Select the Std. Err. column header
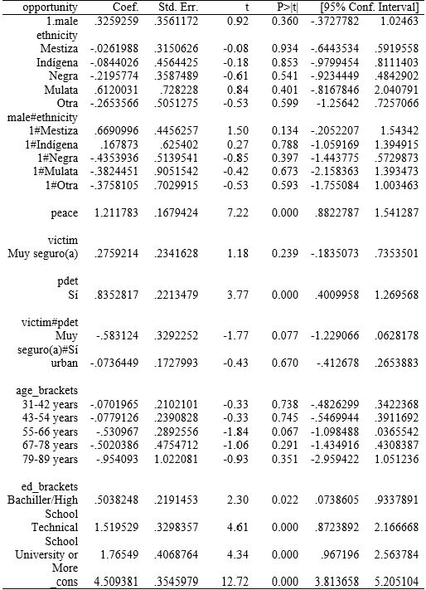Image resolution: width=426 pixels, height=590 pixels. click(193, 7)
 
